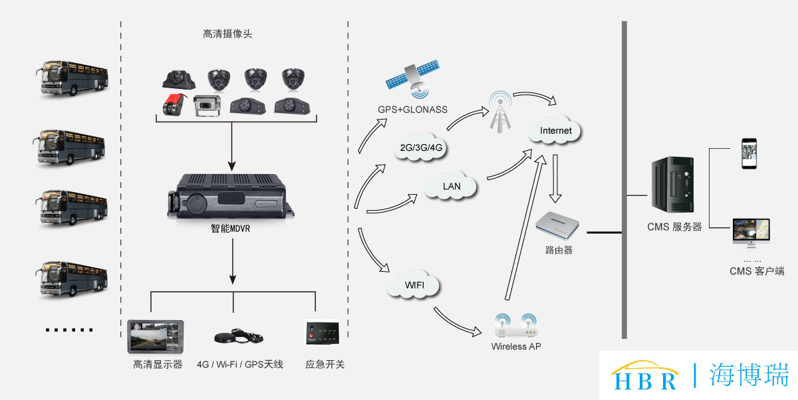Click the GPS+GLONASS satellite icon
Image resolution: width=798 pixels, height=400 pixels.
tap(413, 79)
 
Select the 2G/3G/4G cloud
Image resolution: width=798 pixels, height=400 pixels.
tap(420, 147)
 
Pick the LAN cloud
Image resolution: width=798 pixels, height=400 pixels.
tap(451, 185)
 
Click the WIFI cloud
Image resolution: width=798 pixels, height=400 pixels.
tap(414, 284)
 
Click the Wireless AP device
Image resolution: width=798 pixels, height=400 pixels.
tap(516, 326)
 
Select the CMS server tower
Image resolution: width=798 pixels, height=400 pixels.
tap(672, 184)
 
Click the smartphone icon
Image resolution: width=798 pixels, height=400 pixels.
tap(749, 153)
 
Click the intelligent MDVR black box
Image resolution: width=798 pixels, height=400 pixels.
tap(231, 197)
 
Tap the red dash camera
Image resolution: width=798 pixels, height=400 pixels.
tap(174, 104)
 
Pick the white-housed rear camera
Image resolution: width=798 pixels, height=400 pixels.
tap(207, 106)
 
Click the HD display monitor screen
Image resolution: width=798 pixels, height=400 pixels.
tap(156, 337)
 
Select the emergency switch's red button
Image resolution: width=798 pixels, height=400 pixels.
tap(312, 336)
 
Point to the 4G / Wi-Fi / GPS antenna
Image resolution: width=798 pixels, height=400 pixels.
tap(238, 336)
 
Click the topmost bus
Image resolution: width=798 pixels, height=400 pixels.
tap(72, 78)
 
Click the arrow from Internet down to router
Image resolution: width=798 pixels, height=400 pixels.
tap(555, 179)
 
